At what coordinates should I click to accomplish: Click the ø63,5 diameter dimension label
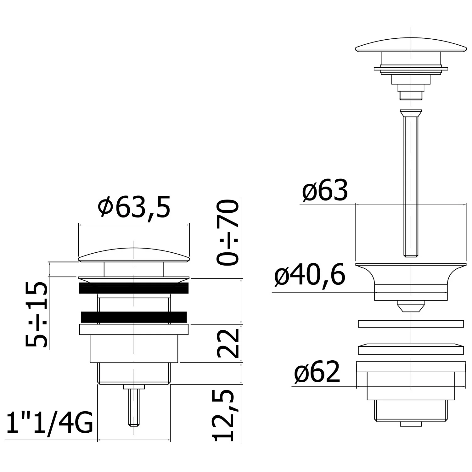click(134, 207)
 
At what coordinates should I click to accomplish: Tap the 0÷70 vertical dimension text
click(227, 232)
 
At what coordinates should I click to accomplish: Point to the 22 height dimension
click(227, 344)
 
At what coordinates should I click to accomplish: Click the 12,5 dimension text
click(227, 415)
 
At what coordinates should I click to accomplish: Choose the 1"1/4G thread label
click(50, 424)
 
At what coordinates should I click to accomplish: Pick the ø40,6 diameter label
click(310, 275)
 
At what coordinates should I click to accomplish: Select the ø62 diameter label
click(317, 372)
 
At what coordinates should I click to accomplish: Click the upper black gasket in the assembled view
click(134, 288)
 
